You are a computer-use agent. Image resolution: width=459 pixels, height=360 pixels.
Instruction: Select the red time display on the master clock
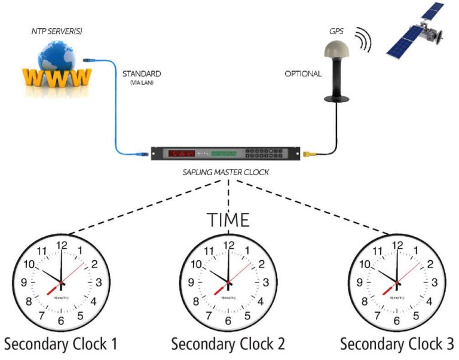pyautogui.click(x=185, y=154)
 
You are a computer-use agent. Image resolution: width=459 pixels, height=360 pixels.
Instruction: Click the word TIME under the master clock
pyautogui.click(x=228, y=219)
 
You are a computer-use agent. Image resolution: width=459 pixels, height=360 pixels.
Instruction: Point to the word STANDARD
pyautogui.click(x=142, y=74)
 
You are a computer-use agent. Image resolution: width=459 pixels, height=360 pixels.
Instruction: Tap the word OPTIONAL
pyautogui.click(x=302, y=74)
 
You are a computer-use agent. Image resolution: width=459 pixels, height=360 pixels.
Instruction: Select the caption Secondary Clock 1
pyautogui.click(x=60, y=344)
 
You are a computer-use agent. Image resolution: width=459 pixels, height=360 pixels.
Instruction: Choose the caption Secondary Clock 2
pyautogui.click(x=228, y=344)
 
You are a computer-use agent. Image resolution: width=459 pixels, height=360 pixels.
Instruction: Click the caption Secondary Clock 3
pyautogui.click(x=397, y=344)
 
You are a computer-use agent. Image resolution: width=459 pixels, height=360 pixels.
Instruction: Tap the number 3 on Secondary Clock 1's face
pyautogui.click(x=99, y=282)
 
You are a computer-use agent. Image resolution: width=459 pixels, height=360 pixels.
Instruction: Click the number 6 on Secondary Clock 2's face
pyautogui.click(x=228, y=320)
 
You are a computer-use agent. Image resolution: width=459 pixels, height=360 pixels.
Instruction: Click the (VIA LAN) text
pyautogui.click(x=142, y=84)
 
